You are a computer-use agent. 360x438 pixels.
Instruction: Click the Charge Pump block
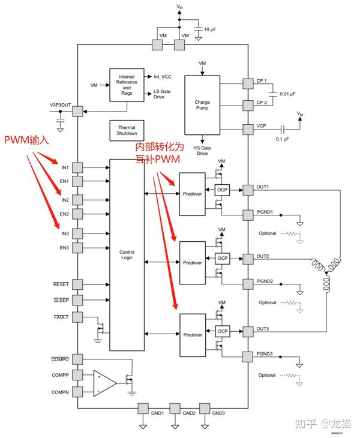click(202, 105)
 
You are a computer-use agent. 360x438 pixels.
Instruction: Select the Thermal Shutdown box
click(127, 130)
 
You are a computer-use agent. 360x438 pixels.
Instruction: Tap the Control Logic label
click(127, 254)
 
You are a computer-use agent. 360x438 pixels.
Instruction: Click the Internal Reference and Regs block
click(127, 85)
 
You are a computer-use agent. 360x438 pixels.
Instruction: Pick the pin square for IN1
click(77, 167)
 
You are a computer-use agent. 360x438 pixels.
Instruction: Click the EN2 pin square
click(77, 214)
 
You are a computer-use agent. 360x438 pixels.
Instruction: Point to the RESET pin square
click(77, 284)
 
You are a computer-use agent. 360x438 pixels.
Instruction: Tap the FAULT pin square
click(77, 317)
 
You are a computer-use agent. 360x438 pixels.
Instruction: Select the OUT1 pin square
click(248, 190)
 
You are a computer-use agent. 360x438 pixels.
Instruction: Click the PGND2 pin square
click(248, 284)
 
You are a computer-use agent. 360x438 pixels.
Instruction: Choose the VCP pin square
click(248, 130)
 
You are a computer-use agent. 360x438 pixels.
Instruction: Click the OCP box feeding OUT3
click(223, 331)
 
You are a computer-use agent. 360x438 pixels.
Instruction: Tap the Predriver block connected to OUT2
click(193, 263)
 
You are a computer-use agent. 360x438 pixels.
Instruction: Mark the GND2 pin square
click(175, 409)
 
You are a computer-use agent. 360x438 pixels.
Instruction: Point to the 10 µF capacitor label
click(210, 29)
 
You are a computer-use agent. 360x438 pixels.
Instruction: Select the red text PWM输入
click(26, 139)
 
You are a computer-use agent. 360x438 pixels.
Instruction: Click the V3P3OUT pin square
click(77, 112)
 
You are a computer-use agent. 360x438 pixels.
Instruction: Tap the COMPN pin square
click(77, 392)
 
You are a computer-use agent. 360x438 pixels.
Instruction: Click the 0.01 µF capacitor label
click(287, 94)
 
